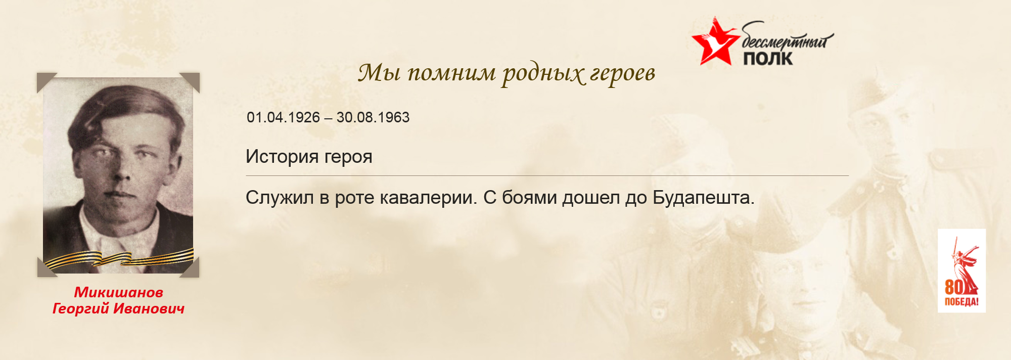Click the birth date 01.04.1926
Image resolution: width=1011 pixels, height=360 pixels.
[283, 117]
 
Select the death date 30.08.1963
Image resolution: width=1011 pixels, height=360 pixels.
[373, 117]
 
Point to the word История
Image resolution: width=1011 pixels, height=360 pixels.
[282, 157]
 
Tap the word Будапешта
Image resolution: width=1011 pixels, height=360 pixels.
[703, 198]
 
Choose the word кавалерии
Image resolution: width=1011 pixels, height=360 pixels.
[428, 198]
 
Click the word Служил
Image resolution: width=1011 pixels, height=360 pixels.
[280, 197]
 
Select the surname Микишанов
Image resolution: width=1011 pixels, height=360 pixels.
[119, 292]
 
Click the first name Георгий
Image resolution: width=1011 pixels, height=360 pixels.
[81, 308]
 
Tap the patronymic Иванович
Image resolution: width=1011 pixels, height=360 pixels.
[149, 308]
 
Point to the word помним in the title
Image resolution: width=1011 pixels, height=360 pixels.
[451, 73]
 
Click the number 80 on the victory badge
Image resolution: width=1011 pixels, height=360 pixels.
[954, 287]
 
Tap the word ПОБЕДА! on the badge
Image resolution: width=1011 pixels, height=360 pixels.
[961, 302]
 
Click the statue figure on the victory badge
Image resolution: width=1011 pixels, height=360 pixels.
[966, 265]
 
